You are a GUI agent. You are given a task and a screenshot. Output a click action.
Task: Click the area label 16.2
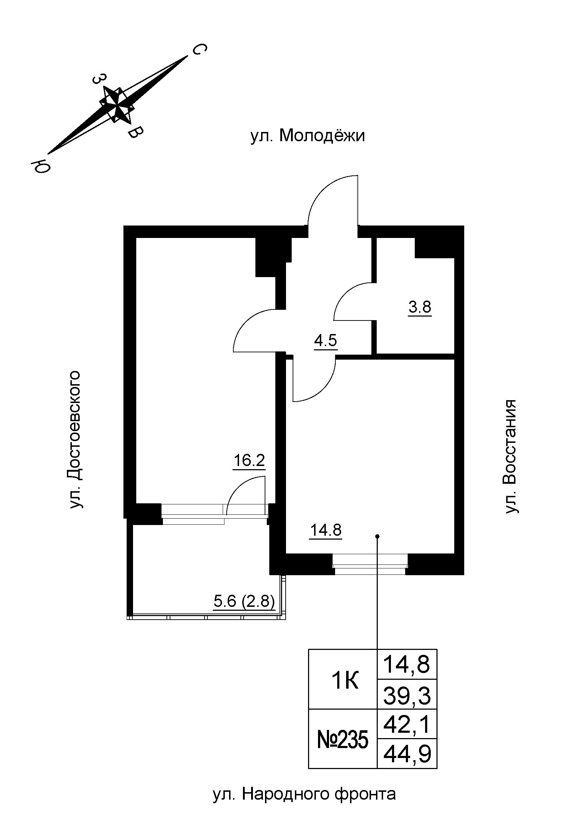249,461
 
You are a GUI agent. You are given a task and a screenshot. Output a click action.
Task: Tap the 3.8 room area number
419,307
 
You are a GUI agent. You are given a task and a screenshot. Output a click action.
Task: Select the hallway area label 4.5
325,341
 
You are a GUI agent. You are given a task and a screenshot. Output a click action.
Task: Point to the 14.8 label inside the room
326,530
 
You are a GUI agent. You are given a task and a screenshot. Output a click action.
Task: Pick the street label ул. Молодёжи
307,136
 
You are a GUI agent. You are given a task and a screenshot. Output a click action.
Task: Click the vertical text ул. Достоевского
75,439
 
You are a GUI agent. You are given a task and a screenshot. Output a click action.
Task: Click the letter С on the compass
199,50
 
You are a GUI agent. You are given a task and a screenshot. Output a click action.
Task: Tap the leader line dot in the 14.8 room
377,536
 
